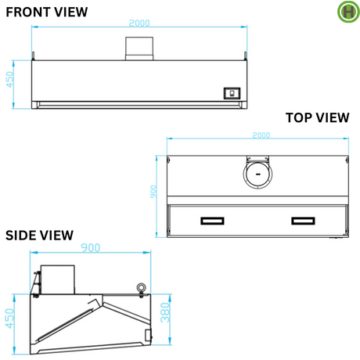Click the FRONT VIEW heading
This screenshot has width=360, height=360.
(x=47, y=12)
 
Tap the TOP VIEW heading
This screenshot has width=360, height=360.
(x=317, y=117)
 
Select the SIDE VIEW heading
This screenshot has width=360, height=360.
(x=39, y=236)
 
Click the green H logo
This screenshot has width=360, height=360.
(x=348, y=12)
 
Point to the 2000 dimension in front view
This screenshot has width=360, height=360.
(x=139, y=23)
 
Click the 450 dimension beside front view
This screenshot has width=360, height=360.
(x=9, y=80)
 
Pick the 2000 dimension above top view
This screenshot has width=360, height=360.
(x=261, y=135)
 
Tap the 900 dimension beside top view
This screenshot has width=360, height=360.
(x=153, y=192)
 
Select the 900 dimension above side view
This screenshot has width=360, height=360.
(x=90, y=247)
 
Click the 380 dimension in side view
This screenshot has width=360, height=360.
(x=165, y=312)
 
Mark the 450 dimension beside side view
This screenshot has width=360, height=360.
(x=9, y=319)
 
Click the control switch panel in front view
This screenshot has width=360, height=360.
(x=232, y=93)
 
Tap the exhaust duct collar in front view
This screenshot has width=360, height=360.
(x=139, y=49)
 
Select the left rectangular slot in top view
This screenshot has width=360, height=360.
(x=212, y=221)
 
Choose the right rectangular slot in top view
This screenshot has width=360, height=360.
(x=303, y=221)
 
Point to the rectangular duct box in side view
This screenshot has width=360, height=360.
(x=58, y=279)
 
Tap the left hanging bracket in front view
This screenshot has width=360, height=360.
(x=33, y=56)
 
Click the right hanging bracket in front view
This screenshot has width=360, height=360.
(x=245, y=56)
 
